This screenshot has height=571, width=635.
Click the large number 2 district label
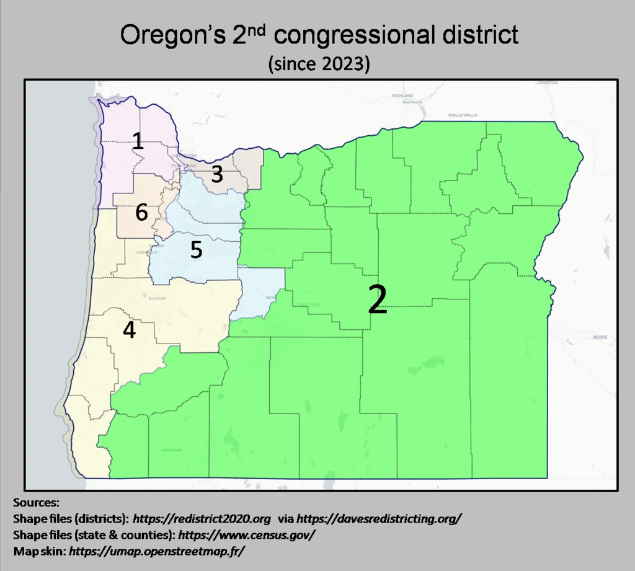pos(378,299)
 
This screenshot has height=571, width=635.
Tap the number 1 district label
pos(138,141)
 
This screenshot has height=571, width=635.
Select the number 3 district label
pos(216,174)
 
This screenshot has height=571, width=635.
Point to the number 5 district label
pos(196,250)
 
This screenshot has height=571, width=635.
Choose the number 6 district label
pos(141,213)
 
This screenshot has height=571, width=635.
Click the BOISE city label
pos(600,338)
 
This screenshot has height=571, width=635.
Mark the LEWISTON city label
pos(548,82)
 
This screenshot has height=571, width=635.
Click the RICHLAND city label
pos(402,95)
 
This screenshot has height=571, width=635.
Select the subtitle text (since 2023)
pos(319,64)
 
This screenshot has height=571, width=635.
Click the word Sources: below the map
pos(36,502)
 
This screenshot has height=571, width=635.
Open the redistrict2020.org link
pos(202,518)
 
